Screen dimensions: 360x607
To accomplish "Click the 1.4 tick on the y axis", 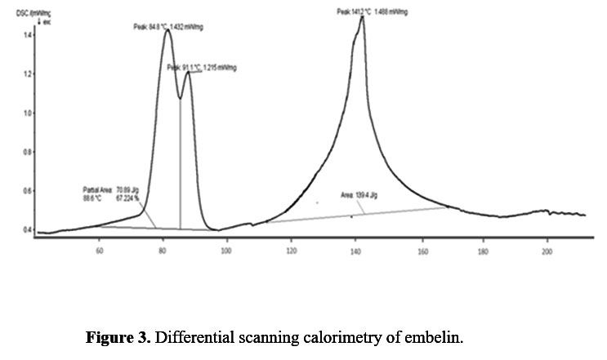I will (x=27, y=35).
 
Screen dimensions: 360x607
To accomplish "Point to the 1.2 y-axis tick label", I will (x=27, y=74).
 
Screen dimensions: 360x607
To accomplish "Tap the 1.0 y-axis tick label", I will (x=27, y=113).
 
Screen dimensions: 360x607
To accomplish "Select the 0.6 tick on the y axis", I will (x=27, y=191).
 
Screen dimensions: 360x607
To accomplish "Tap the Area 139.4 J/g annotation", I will (x=360, y=195).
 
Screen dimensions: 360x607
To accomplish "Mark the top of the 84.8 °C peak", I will (x=167, y=31).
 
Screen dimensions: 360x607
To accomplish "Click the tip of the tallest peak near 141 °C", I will (x=361, y=17).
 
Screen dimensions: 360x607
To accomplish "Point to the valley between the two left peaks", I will (x=180, y=99).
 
